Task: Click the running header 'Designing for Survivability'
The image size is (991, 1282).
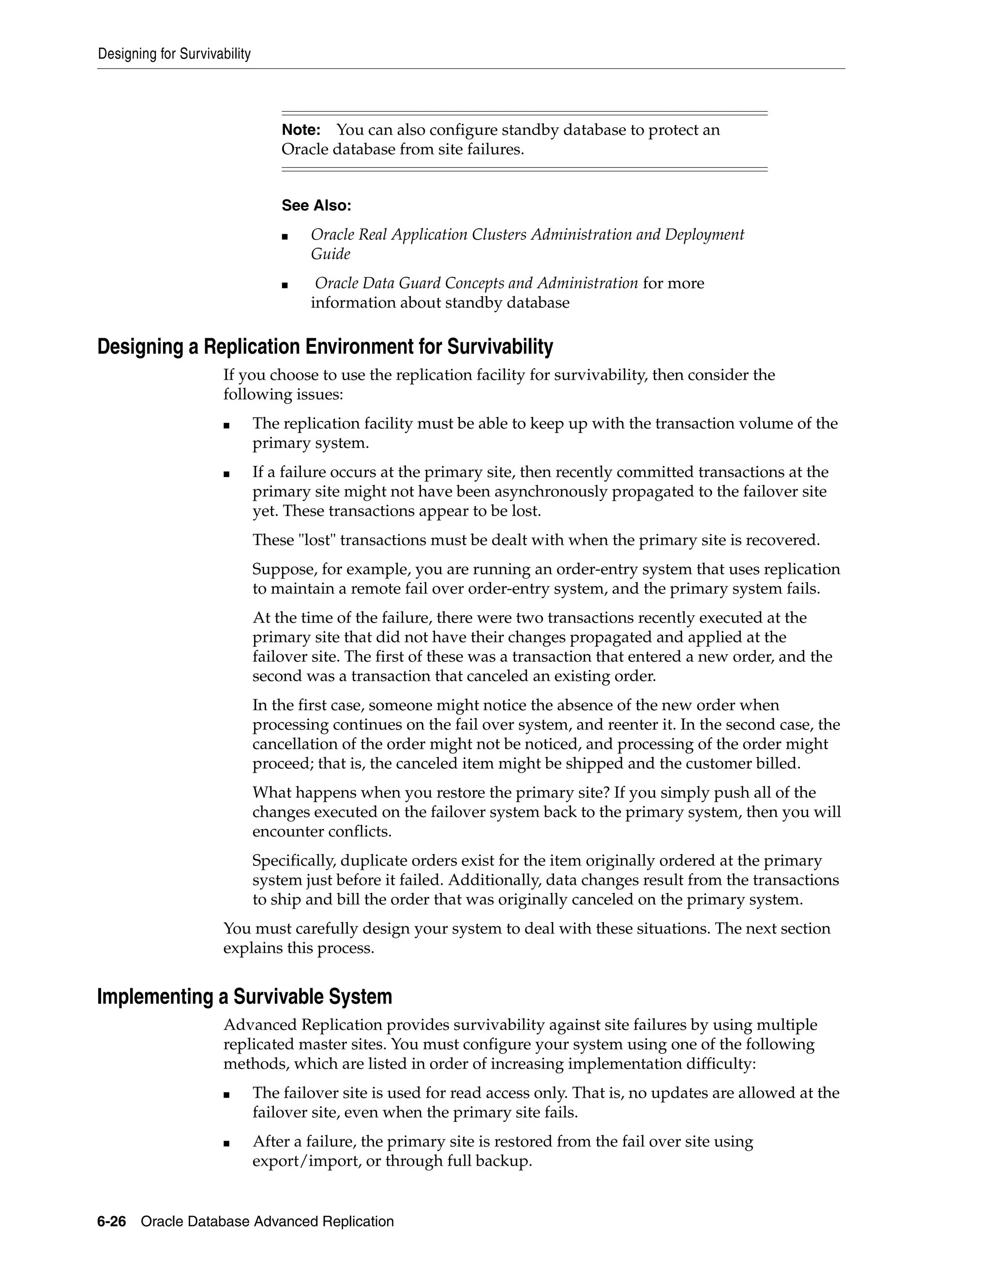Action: click(174, 54)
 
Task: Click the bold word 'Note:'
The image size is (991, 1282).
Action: click(300, 130)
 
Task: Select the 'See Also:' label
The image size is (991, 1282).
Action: click(316, 206)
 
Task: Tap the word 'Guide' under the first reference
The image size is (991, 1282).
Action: click(330, 254)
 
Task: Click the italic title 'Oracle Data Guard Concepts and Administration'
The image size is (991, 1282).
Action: click(476, 283)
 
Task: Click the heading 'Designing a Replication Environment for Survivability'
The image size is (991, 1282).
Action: click(325, 347)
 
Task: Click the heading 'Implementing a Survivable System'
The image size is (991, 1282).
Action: click(244, 997)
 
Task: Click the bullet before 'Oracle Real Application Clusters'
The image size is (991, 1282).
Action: click(285, 237)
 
